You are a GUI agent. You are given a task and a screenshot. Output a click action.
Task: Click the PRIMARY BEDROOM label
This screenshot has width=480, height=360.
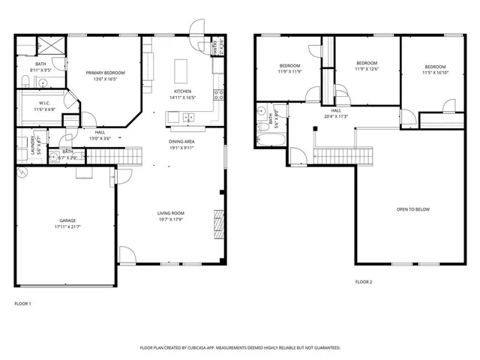[105, 72]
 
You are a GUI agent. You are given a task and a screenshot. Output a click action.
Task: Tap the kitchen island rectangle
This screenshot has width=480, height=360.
[181, 71]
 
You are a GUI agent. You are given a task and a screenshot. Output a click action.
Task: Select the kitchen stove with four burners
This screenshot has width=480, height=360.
[218, 94]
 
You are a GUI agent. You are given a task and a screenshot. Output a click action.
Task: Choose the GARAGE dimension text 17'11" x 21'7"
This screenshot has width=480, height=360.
[68, 226]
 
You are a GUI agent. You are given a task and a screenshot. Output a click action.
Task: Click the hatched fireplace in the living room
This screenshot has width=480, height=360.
[219, 222]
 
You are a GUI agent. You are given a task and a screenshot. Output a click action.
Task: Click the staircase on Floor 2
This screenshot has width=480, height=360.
[332, 155]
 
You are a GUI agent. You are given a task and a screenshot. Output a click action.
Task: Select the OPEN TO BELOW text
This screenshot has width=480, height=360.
[412, 209]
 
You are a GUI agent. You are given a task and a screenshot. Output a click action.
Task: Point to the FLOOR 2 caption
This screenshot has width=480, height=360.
[363, 282]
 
